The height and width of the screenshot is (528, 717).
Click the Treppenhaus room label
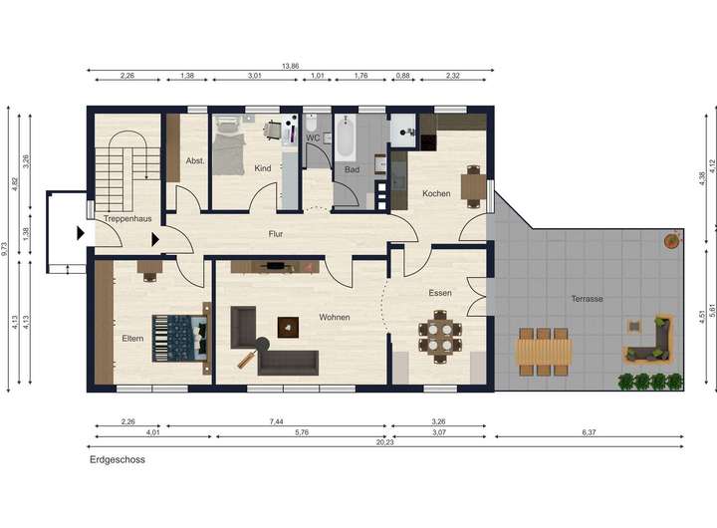point(127,219)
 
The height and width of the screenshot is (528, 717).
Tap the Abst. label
point(195,161)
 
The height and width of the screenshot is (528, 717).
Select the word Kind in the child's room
point(263,168)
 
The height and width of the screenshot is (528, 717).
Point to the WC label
point(313,137)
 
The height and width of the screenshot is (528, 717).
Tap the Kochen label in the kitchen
point(436,193)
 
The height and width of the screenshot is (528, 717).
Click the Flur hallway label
point(276,234)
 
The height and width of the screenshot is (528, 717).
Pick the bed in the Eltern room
point(181,338)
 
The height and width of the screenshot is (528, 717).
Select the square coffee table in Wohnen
point(288,328)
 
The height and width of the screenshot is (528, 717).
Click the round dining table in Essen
point(440,337)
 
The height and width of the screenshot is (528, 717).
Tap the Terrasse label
point(588,299)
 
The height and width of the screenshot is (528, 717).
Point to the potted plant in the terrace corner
point(672,240)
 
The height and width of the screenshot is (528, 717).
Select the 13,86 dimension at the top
point(291,67)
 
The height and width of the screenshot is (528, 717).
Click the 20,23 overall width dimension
point(384,442)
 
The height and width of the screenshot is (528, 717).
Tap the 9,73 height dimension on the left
point(4,249)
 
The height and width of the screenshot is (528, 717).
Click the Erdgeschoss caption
point(118,460)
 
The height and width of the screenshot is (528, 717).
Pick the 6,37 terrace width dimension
point(589,432)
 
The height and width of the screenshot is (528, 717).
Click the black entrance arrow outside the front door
point(81,233)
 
